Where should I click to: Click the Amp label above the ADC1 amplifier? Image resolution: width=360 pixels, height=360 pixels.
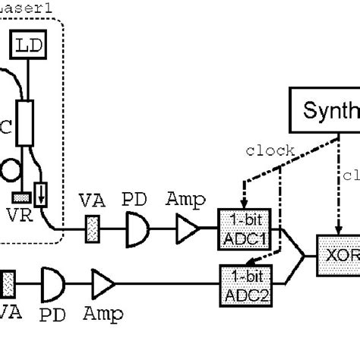(x=185, y=200)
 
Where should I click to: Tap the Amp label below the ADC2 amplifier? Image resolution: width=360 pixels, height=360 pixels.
(x=102, y=311)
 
